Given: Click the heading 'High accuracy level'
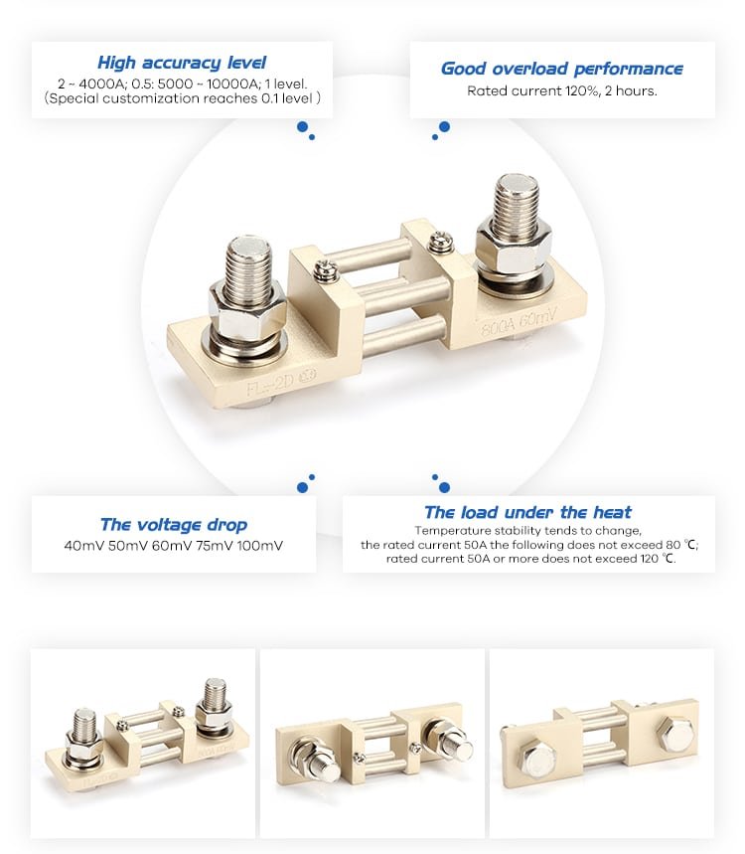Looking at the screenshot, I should click(182, 63).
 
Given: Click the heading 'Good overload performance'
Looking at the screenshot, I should click(562, 69).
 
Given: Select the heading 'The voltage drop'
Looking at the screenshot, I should click(174, 524).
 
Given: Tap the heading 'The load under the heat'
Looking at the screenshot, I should click(527, 512).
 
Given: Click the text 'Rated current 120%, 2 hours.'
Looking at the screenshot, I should click(562, 90).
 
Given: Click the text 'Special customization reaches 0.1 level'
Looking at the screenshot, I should click(182, 98).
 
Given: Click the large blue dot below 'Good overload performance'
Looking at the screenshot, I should click(444, 126).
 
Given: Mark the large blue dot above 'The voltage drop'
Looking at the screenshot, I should click(302, 487).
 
